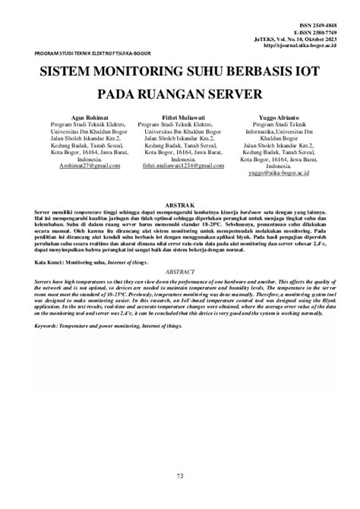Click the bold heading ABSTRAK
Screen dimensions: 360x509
click(x=180, y=203)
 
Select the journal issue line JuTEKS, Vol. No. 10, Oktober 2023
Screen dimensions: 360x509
click(x=290, y=39)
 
